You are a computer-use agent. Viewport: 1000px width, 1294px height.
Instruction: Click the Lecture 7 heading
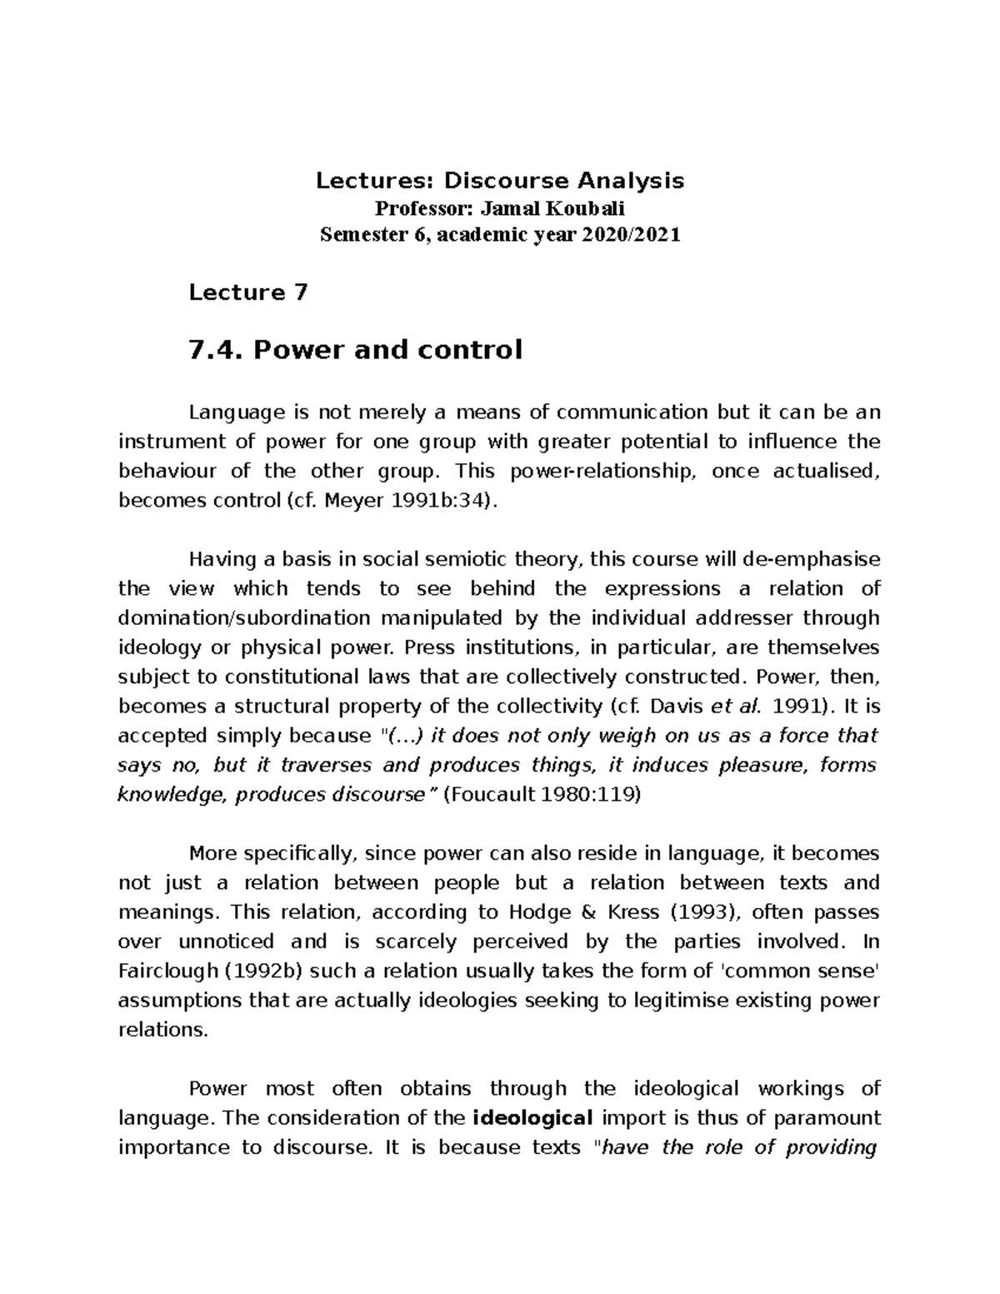(x=248, y=292)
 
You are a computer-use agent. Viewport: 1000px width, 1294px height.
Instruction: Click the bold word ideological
(x=532, y=1118)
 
